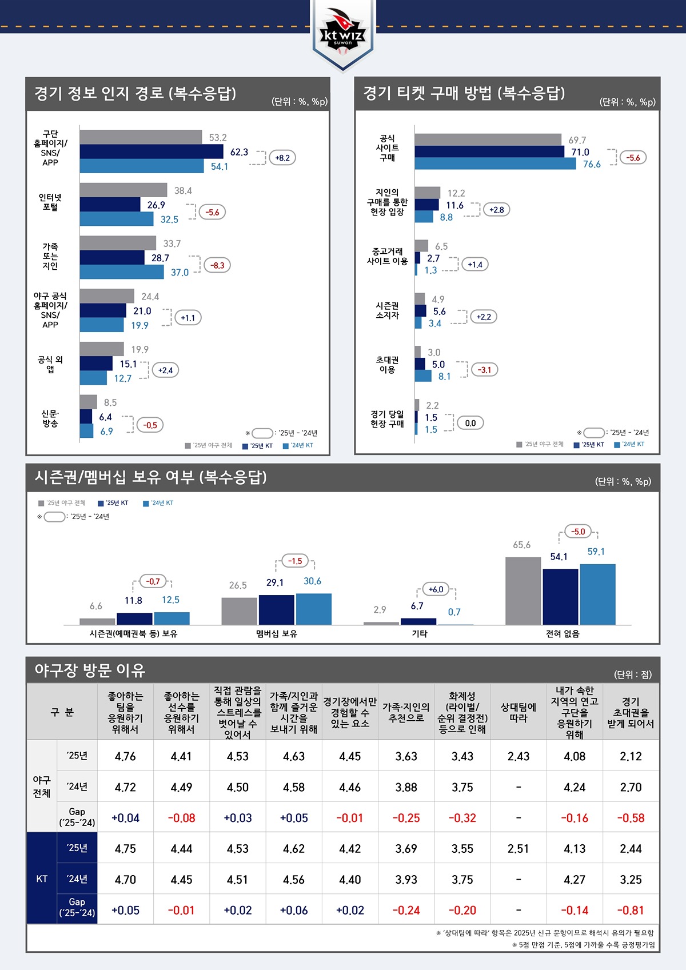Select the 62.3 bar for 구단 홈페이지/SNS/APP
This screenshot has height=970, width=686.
pos(151,151)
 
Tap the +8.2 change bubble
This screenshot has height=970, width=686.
pos(282,158)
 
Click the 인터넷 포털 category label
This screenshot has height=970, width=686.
pos(50,202)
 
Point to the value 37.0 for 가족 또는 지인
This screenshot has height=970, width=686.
pos(180,273)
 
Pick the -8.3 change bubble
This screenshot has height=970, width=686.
pos(217,265)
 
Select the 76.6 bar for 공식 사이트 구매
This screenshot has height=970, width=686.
pos(495,164)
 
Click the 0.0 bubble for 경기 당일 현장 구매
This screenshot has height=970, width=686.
pos(470,423)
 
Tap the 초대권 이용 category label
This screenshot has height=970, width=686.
pos(387,365)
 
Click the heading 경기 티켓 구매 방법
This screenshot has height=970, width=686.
pos(464,93)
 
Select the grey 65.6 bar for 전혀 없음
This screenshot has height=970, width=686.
pos(523,590)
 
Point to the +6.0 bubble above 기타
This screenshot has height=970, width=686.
pos(436,589)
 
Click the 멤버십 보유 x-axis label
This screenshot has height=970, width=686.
pos(277,633)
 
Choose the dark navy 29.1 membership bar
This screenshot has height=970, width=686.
pos(276,609)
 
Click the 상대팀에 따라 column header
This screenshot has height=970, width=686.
pos(518,712)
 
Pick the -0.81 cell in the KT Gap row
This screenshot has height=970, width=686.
pos(631,910)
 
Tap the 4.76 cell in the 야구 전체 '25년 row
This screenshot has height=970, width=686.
pos(125,756)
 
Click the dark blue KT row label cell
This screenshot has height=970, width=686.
pos(42,879)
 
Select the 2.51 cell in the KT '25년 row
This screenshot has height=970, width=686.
pos(518,848)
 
